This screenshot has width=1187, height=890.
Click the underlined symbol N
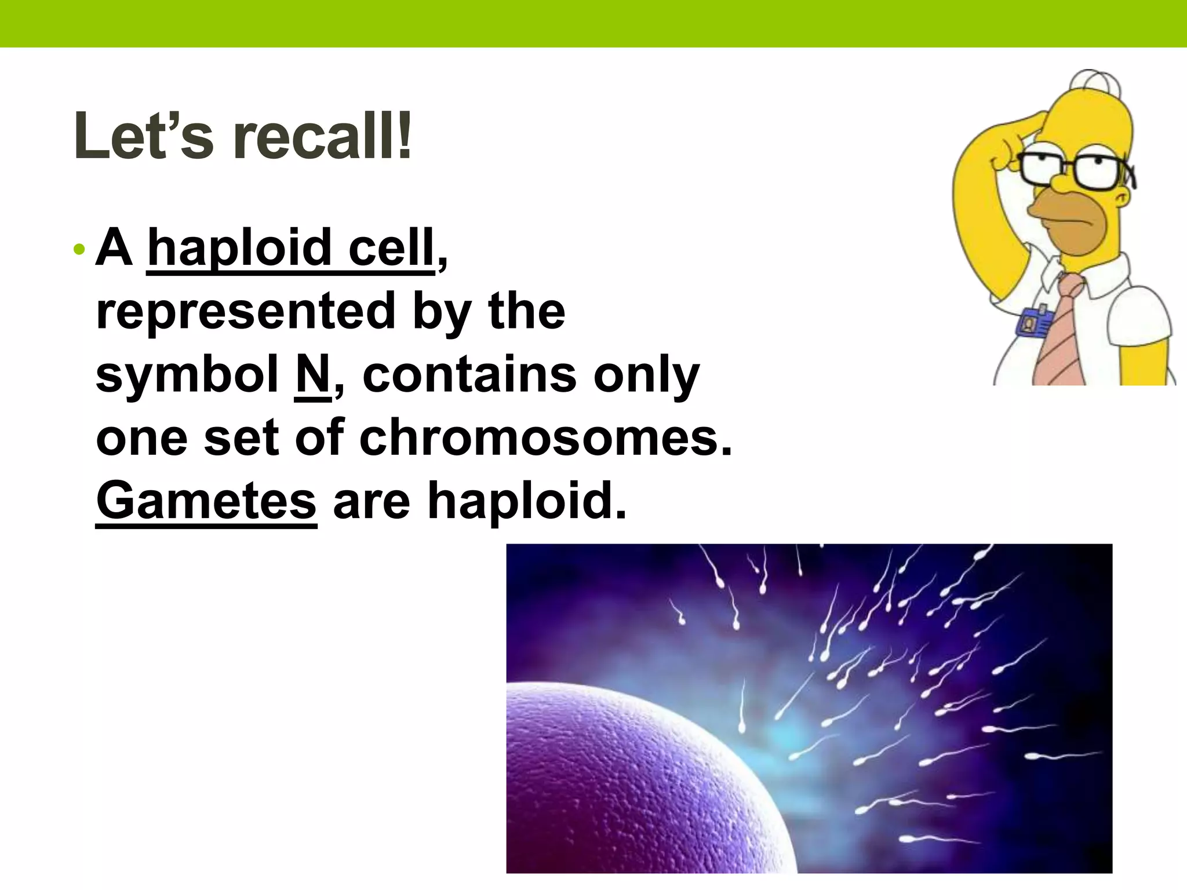[x=313, y=375]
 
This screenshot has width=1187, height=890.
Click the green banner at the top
[x=593, y=23]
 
